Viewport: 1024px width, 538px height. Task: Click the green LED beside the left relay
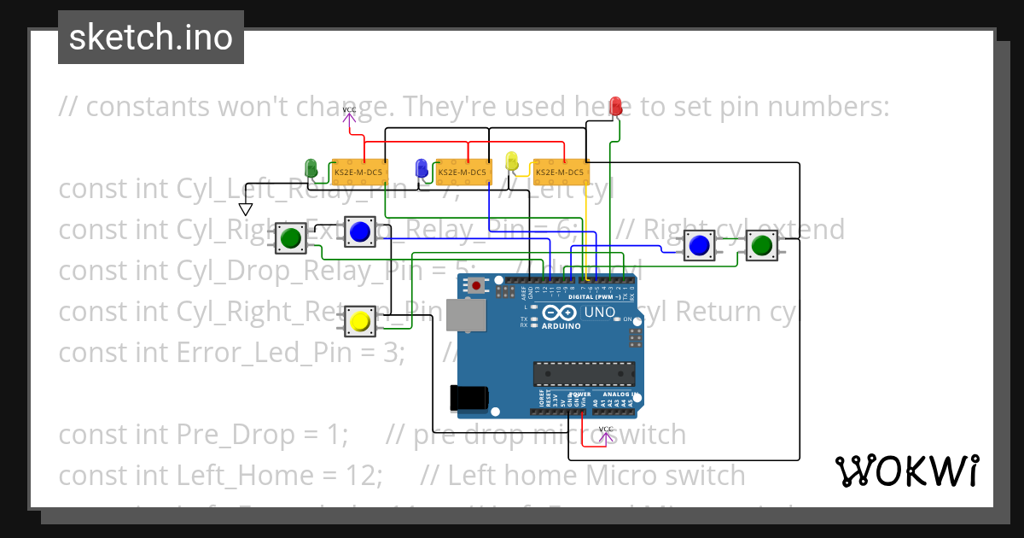(311, 167)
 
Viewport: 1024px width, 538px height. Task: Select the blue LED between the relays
(421, 167)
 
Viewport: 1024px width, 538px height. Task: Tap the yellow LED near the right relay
(511, 161)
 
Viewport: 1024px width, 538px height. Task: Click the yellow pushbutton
(359, 322)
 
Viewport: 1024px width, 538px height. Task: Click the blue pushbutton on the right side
(700, 246)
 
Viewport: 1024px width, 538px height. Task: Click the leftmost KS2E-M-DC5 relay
(359, 173)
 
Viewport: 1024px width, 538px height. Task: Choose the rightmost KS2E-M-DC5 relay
(560, 173)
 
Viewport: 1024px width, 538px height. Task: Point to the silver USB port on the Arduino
(461, 317)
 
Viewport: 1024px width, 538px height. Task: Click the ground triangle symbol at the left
(246, 209)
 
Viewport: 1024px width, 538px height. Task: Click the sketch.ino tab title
(151, 38)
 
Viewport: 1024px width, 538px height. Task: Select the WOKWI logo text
(906, 471)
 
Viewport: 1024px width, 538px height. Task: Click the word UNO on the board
(600, 312)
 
